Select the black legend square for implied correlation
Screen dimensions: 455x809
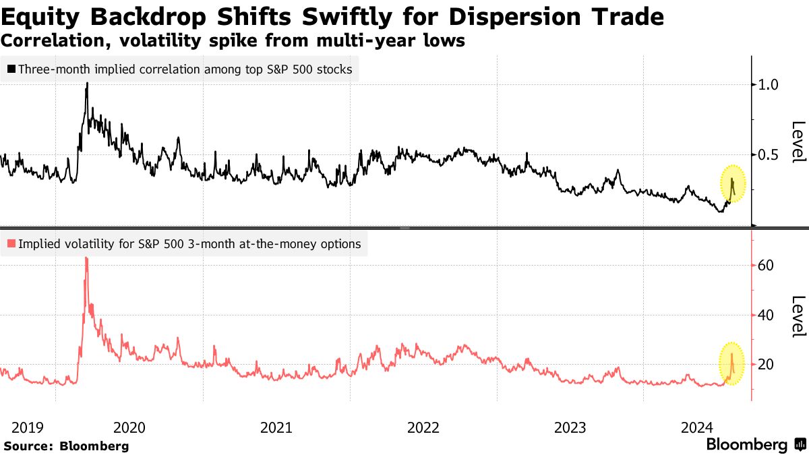(x=11, y=69)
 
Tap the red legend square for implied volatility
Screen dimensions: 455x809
(x=11, y=244)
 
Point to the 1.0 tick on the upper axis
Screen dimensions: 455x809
(x=769, y=85)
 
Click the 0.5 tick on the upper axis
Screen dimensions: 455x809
(x=769, y=155)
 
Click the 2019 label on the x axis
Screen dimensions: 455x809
(x=28, y=427)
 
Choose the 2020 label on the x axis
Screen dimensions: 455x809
(x=129, y=427)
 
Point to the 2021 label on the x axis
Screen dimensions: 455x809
(x=276, y=427)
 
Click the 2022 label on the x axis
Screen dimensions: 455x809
(x=423, y=427)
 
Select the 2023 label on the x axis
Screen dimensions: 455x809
(x=570, y=427)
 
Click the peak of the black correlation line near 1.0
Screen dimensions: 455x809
(x=87, y=84)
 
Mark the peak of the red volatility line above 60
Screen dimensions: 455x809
(x=86, y=258)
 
